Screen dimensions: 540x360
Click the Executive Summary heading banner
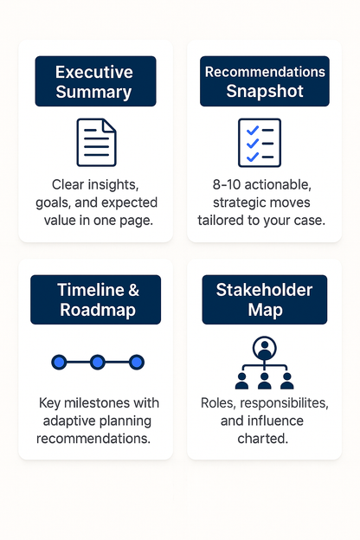95,81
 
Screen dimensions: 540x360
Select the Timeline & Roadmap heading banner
95,300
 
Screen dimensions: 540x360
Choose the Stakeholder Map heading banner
265,300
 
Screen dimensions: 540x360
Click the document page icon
96,142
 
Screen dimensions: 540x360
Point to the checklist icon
260,142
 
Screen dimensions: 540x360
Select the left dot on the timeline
59,362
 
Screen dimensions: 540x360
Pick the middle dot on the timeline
97,362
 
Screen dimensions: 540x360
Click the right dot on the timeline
136,362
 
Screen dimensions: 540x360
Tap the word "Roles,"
220,404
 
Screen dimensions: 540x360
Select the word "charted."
264,439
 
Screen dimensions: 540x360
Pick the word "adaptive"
68,421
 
